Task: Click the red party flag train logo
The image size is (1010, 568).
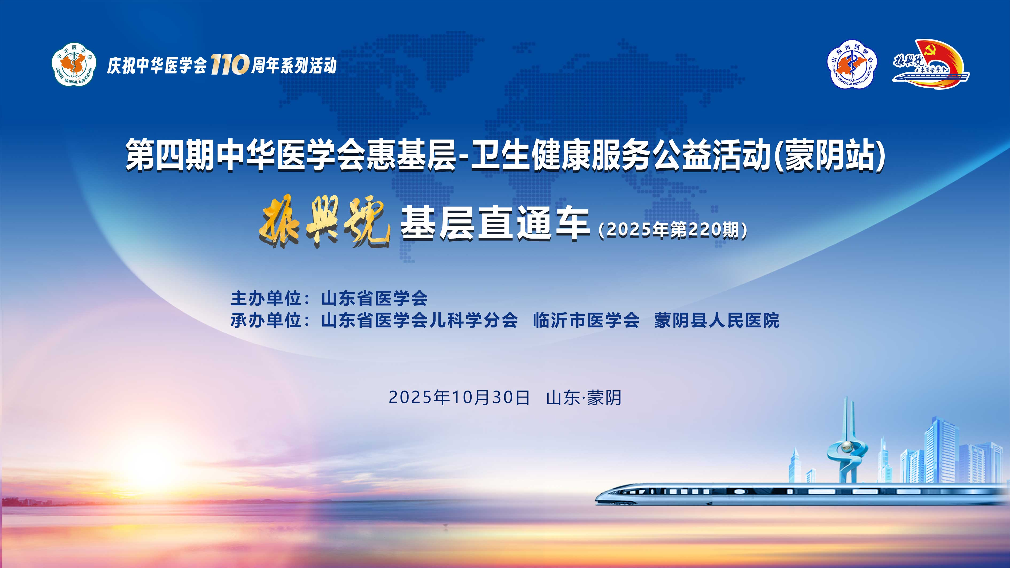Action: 930,64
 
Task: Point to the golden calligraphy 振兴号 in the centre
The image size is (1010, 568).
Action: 324,221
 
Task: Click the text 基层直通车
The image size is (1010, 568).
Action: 495,223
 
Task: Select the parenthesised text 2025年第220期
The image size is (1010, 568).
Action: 673,230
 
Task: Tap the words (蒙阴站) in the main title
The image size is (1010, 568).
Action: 830,155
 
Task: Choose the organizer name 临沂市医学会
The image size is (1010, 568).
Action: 586,321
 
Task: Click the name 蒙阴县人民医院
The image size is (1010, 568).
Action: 717,321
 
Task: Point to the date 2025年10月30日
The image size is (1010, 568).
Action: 459,398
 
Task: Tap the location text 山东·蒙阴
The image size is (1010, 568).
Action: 583,398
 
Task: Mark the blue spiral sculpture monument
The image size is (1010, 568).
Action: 847,451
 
